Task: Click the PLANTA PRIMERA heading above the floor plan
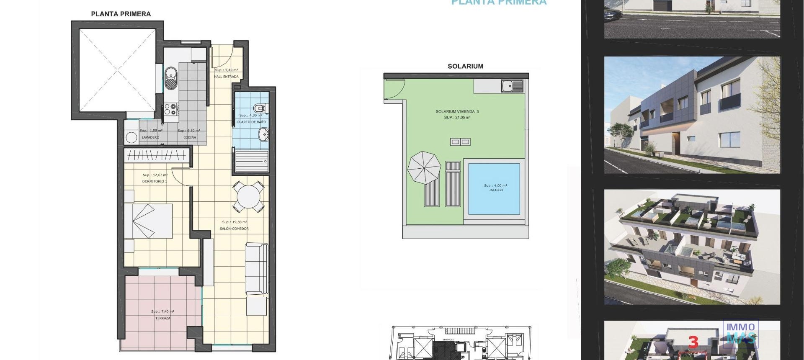click(121, 14)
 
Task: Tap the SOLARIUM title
click(465, 66)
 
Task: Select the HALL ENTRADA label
click(226, 77)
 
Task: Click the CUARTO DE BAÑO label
click(251, 122)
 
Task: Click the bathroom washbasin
click(263, 135)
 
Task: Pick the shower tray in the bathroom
click(251, 161)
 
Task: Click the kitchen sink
click(170, 78)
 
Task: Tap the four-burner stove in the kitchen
click(171, 109)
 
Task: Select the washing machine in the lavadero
click(131, 137)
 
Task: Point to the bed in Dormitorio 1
click(149, 221)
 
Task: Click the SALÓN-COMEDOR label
click(234, 229)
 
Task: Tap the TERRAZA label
click(163, 318)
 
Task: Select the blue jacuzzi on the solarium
click(494, 189)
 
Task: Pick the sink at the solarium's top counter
click(513, 86)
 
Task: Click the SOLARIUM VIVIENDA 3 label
click(457, 112)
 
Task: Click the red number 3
click(693, 342)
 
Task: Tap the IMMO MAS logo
click(740, 333)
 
